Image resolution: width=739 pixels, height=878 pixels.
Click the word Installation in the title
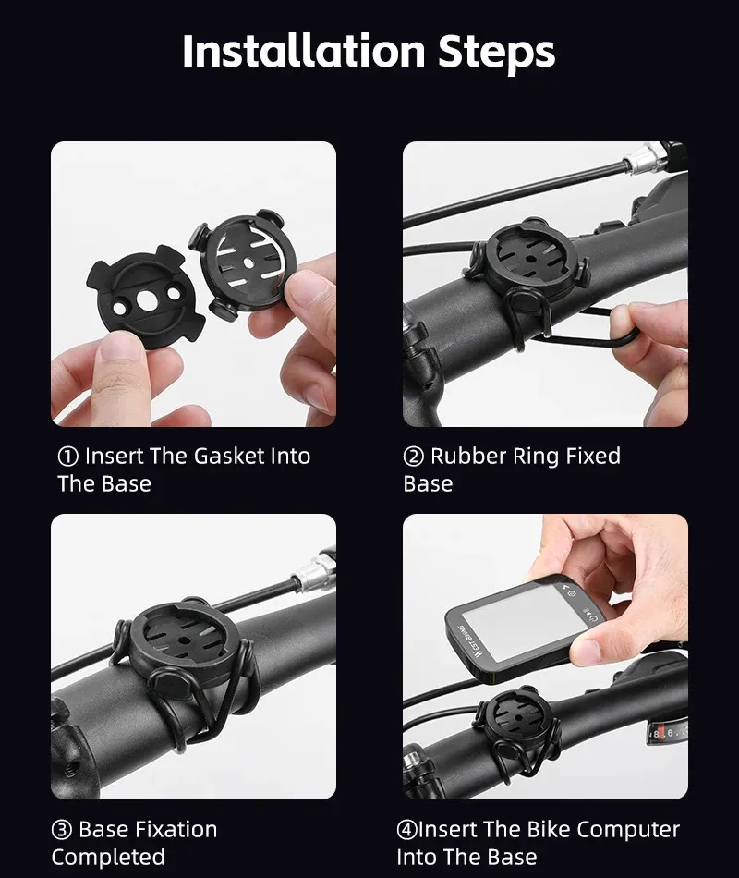[304, 51]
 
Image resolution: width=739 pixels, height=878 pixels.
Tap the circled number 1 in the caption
[67, 457]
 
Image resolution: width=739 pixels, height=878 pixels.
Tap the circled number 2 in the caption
[413, 457]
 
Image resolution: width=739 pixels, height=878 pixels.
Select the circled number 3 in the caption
[62, 830]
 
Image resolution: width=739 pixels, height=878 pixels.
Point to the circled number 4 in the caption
[407, 830]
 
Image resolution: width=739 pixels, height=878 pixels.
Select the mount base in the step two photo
[529, 262]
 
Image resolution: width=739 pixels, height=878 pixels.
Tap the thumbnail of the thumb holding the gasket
[119, 345]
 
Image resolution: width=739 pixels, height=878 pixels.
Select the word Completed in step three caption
[108, 858]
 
